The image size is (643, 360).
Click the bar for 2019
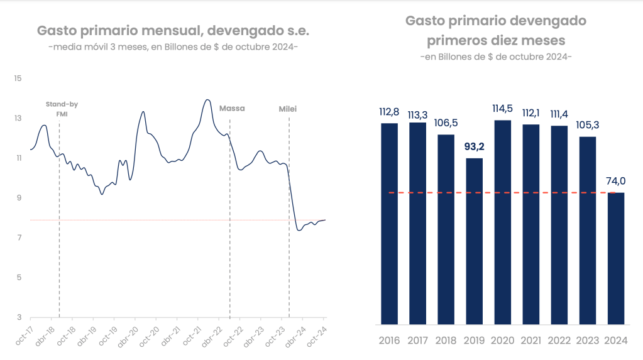point(475,241)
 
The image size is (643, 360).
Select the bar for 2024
point(616,258)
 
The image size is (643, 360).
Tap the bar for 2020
point(503,222)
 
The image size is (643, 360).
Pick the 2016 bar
point(390,224)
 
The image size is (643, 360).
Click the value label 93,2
point(475,148)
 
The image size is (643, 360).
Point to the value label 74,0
point(616,181)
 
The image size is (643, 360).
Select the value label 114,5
point(503,109)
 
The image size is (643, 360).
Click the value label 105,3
point(588,125)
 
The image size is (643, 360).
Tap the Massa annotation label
point(232,109)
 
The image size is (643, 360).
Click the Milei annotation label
point(288,109)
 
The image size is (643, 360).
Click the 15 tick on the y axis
point(18,79)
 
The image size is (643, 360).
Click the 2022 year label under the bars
point(559,341)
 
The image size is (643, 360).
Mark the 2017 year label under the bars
point(418,341)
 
